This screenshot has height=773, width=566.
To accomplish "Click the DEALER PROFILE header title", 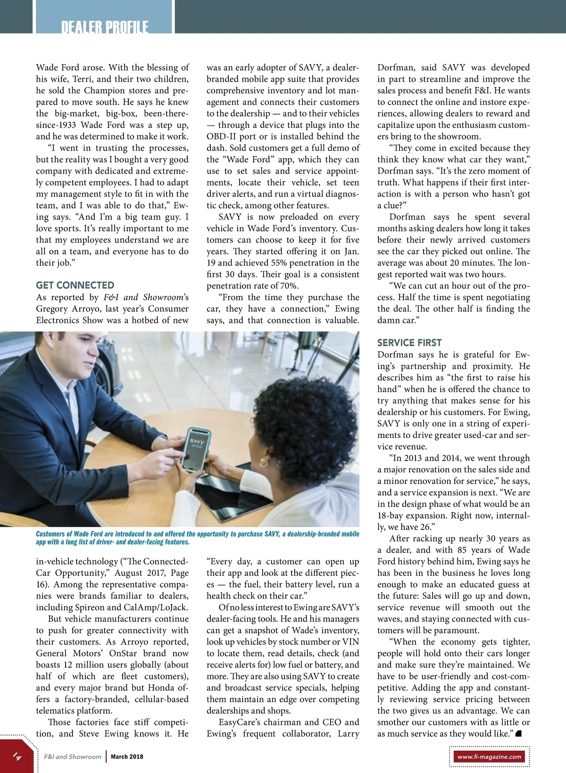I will click(x=105, y=27).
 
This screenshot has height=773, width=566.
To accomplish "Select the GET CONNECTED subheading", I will click(x=75, y=285).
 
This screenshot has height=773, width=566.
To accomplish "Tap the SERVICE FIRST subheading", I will click(x=409, y=343).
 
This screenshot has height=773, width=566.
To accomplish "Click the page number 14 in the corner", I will click(x=17, y=756).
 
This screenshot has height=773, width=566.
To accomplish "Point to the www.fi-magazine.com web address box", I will click(x=489, y=756).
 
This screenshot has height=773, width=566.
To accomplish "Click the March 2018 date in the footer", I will click(x=127, y=756).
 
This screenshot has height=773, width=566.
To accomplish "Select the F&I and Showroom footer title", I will click(x=73, y=756).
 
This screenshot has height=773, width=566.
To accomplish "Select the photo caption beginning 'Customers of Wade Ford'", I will click(x=197, y=538).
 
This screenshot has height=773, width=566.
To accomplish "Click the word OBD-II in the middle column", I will click(x=221, y=136).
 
